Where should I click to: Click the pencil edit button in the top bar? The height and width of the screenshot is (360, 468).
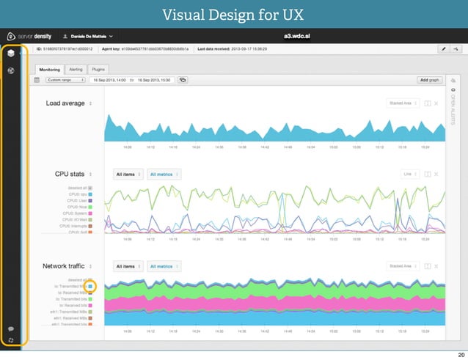(442, 48)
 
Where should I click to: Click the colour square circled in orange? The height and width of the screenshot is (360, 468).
(92, 286)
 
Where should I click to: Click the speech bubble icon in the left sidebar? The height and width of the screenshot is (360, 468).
(11, 328)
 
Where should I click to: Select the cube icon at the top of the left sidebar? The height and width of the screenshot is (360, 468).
(11, 54)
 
